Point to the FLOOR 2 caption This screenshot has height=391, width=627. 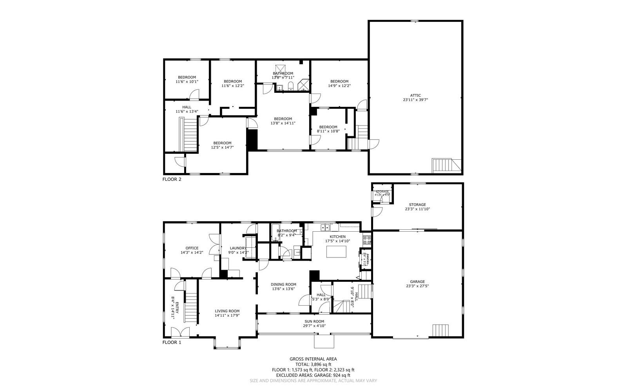click(172, 180)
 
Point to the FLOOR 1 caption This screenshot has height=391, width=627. click(172, 342)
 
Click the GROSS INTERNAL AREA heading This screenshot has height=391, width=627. click(313, 359)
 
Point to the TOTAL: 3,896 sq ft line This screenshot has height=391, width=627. click(313, 364)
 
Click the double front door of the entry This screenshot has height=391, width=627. click(180, 332)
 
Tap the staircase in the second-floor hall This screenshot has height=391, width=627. click(190, 135)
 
